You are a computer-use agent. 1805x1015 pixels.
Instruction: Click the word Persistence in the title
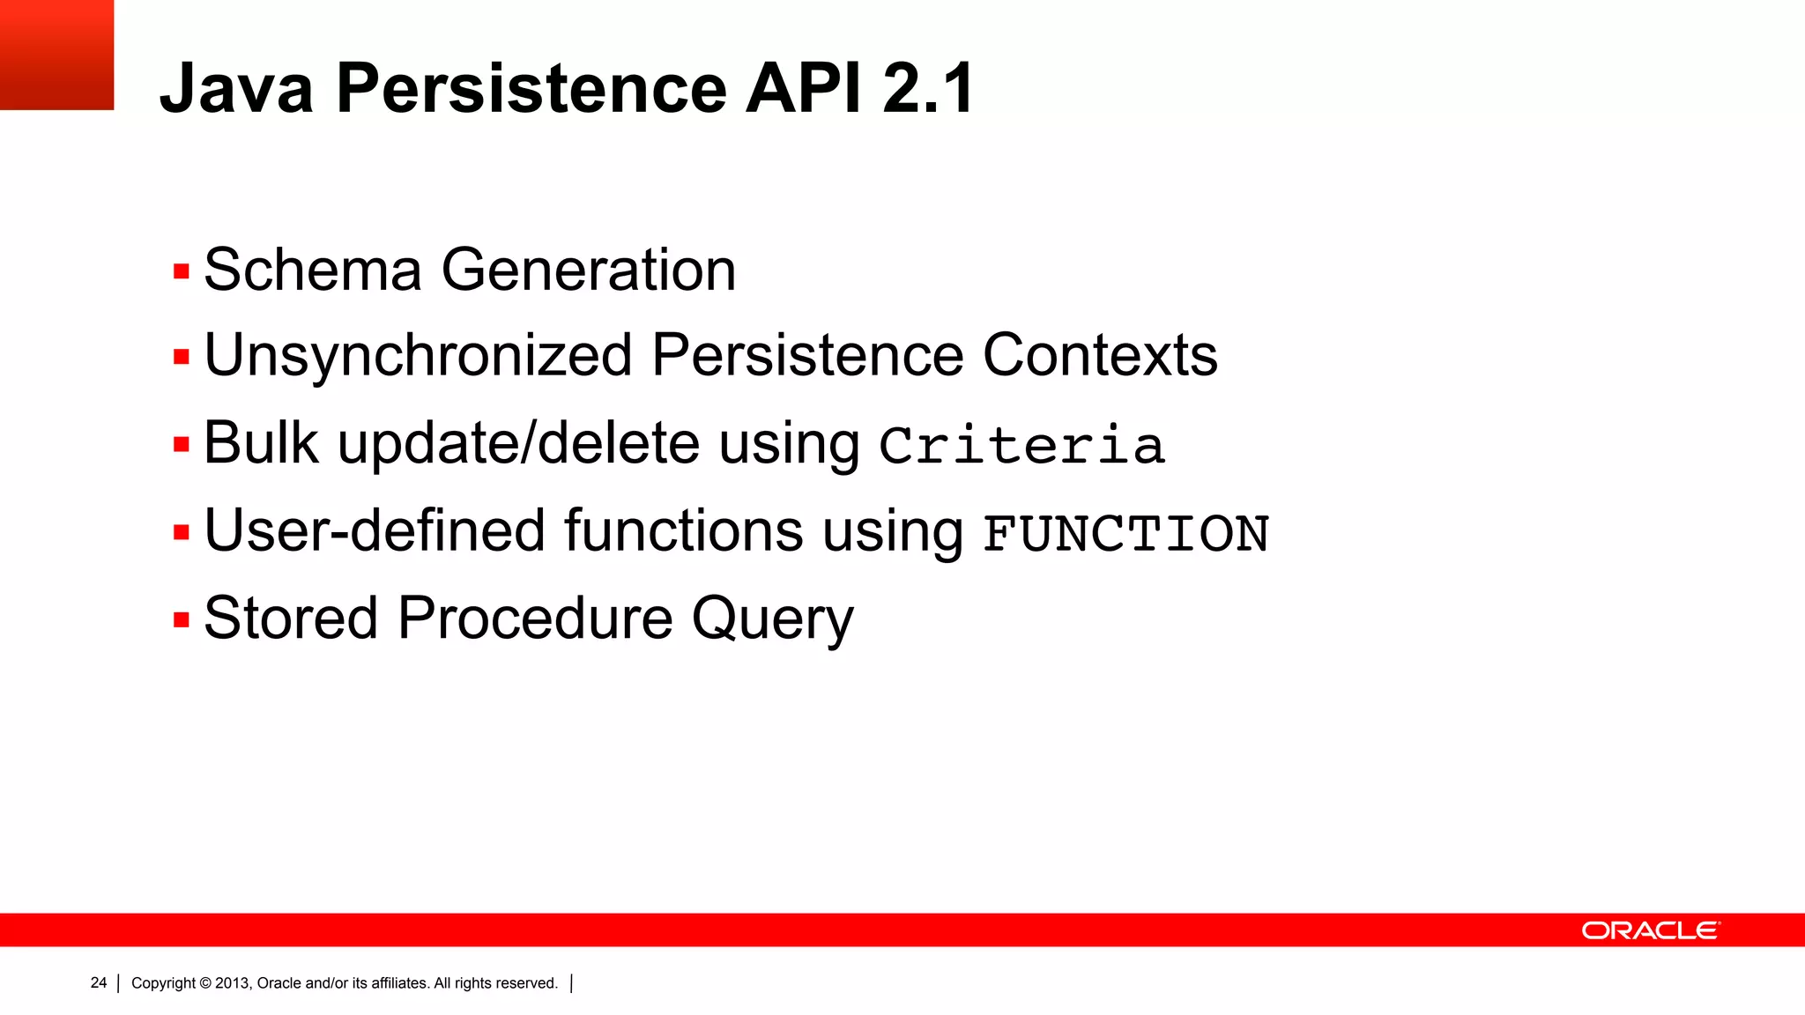pos(531,88)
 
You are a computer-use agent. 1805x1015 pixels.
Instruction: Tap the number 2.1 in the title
pos(927,88)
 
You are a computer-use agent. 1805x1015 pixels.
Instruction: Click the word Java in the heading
pos(236,88)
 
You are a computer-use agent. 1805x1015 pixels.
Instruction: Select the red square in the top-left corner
pos(56,55)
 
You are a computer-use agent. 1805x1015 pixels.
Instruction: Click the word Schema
pos(312,270)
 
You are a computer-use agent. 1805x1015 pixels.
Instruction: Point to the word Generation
pos(588,270)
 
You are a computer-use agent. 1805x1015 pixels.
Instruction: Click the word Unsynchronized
pos(418,355)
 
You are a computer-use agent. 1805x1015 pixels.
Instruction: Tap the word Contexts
pos(1099,355)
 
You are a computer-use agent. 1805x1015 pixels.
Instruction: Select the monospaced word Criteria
pos(1022,445)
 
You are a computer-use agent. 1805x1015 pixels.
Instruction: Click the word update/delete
pos(518,443)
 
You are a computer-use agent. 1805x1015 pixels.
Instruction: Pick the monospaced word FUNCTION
pos(1125,534)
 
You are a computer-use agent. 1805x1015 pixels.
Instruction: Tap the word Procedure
pos(535,618)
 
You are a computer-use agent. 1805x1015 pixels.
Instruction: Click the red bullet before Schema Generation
pos(182,271)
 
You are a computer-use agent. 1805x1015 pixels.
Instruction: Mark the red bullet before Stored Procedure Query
pos(182,619)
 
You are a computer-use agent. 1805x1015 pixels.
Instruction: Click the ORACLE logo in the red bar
pos(1650,930)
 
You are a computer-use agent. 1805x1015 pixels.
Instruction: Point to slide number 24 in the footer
pos(99,982)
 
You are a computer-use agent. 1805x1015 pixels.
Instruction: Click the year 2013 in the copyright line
pos(233,983)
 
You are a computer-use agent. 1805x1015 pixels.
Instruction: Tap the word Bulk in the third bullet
pos(261,443)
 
